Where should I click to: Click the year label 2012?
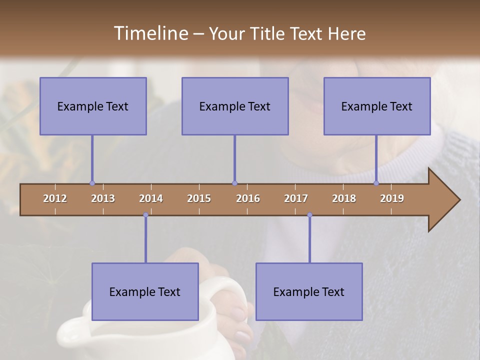point(55,198)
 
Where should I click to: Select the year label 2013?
point(103,198)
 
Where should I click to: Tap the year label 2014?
point(151,198)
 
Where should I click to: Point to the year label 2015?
point(199,198)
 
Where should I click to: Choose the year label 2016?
point(248,198)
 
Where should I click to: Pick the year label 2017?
point(296,198)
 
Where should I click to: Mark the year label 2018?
point(344,198)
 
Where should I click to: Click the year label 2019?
point(392,198)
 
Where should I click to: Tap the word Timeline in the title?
point(150,33)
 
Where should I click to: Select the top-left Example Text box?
point(93,106)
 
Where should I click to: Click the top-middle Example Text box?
point(235,106)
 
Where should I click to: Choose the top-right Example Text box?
point(377,106)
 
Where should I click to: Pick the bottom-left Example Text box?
point(145,291)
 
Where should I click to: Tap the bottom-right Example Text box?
point(309,291)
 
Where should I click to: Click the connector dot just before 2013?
point(92,183)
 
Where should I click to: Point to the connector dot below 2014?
point(145,215)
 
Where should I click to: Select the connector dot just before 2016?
point(234,183)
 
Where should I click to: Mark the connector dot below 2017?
point(309,215)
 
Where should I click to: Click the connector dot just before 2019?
point(376,183)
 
